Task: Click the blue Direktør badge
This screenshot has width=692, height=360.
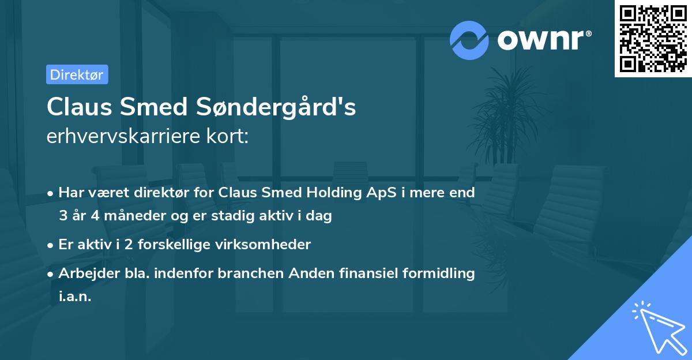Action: coord(77,74)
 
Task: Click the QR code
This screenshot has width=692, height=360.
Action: coord(653,39)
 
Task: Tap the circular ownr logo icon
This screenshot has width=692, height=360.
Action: coord(469,40)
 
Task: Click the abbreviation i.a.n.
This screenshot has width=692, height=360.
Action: coord(75,297)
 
